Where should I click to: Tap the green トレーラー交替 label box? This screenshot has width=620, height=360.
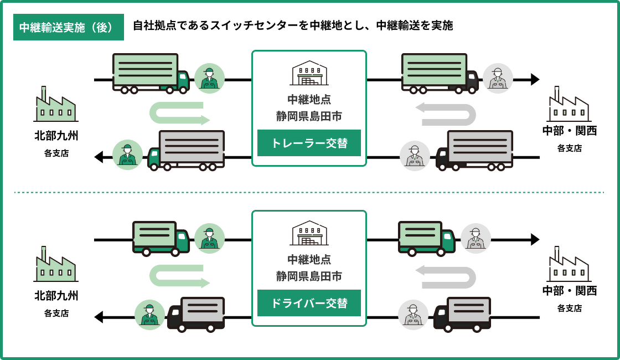click(x=309, y=143)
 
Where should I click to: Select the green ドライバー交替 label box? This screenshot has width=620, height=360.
click(x=309, y=303)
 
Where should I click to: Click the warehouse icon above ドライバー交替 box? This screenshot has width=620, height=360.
click(x=309, y=233)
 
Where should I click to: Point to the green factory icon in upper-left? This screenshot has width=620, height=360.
click(x=55, y=105)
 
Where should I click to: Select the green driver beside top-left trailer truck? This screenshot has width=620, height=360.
click(x=209, y=78)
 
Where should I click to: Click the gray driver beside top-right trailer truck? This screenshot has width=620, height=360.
click(x=498, y=78)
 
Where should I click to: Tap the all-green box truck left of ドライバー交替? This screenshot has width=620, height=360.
click(x=161, y=238)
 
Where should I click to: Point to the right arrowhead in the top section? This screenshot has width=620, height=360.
click(x=535, y=79)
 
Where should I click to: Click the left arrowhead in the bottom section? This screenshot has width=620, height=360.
click(x=99, y=317)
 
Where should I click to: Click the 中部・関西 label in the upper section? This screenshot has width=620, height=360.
click(x=569, y=131)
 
